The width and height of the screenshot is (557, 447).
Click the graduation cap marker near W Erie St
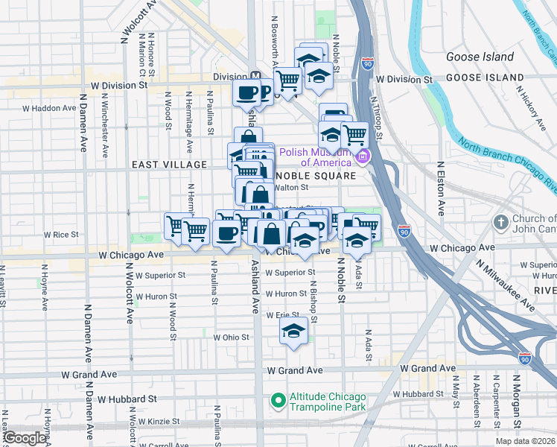294,330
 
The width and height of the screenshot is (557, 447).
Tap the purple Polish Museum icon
363,156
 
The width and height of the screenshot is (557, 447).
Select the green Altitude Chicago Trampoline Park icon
278,401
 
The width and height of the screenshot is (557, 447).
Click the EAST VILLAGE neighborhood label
169,164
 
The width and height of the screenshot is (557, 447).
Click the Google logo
25,438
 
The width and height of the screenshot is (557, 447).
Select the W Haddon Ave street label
49,108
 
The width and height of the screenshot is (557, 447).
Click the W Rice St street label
61,234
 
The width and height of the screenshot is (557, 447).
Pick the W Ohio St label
231,337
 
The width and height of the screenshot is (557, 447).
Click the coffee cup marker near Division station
247,93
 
